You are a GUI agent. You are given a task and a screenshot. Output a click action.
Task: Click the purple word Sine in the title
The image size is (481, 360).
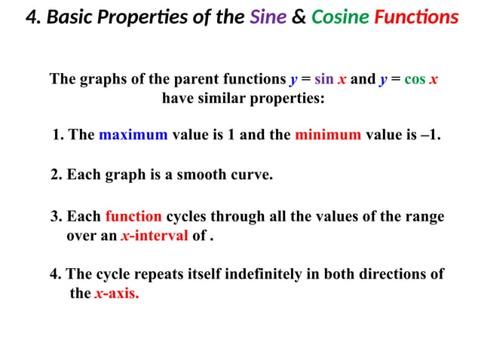(x=268, y=17)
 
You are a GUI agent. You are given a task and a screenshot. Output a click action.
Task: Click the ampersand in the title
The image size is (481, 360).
(x=299, y=17)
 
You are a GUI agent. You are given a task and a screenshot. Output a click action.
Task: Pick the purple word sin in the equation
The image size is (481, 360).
(x=323, y=80)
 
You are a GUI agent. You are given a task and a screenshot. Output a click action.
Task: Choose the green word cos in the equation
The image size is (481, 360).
(x=415, y=80)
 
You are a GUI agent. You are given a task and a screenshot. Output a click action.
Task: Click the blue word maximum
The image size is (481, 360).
(x=133, y=136)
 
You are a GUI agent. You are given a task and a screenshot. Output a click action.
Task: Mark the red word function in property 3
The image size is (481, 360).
(x=133, y=217)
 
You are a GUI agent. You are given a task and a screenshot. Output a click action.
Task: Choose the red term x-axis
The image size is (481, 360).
(x=117, y=293)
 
